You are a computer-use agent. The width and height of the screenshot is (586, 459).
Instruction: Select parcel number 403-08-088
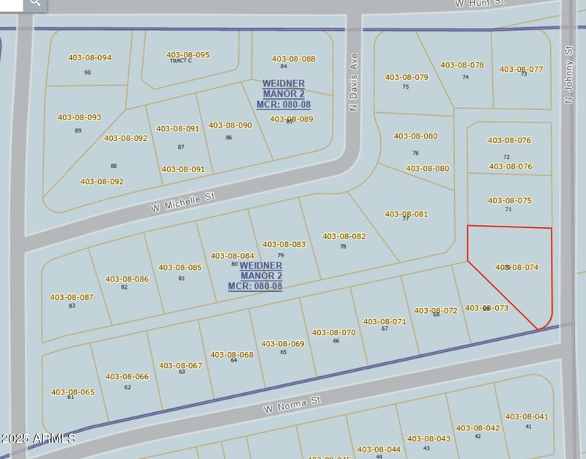pyautogui.click(x=293, y=59)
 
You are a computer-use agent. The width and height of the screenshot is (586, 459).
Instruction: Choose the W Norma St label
pyautogui.click(x=293, y=403)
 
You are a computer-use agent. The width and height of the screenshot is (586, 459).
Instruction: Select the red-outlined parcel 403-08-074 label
pyautogui.click(x=517, y=268)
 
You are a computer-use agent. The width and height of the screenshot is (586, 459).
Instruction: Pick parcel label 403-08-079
pyautogui.click(x=406, y=77)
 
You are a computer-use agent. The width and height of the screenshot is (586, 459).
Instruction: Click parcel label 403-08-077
pyautogui.click(x=521, y=69)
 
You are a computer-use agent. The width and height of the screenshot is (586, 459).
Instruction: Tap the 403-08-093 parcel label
pyautogui.click(x=78, y=117)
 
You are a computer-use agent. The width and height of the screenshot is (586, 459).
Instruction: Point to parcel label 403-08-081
pyautogui.click(x=406, y=214)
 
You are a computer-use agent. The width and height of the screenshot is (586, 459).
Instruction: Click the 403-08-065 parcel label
pyautogui.click(x=73, y=392)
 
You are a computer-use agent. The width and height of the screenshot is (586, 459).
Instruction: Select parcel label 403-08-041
pyautogui.click(x=526, y=416)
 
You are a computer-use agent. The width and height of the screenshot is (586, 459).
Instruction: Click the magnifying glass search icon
pyautogui.click(x=34, y=5)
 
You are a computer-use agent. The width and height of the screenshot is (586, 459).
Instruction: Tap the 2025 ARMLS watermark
pyautogui.click(x=38, y=438)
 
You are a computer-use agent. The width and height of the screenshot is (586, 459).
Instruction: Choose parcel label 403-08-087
pyautogui.click(x=71, y=297)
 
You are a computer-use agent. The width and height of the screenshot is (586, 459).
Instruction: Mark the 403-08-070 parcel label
pyautogui.click(x=333, y=332)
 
